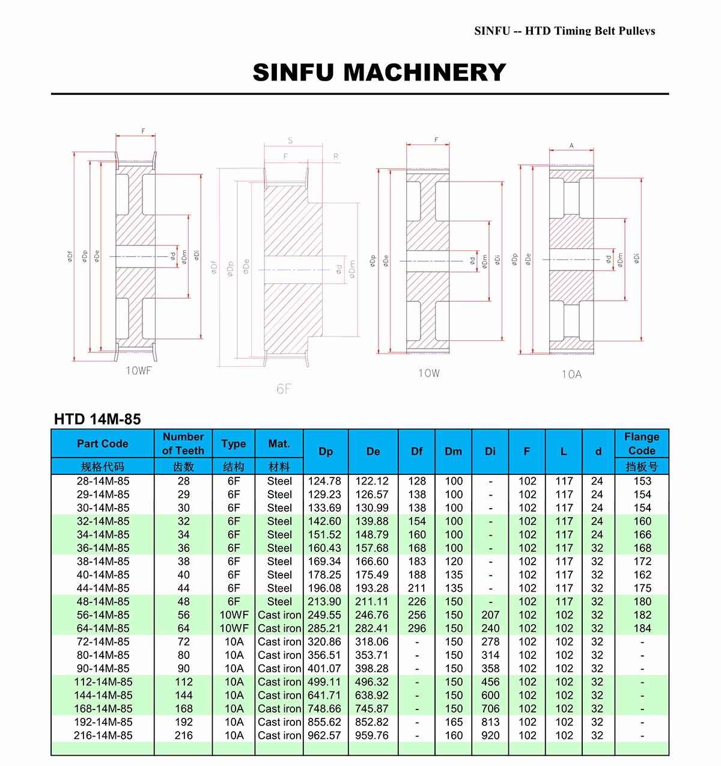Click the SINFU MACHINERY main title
pos(379,73)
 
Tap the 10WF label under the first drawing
pos(138,371)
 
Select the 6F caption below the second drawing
pos(284,389)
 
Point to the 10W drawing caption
pos(429,373)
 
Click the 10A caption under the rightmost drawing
pos(571,375)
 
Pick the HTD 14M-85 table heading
pos(97,419)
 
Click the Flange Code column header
pos(642,444)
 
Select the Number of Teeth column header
pos(183,444)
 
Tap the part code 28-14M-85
pos(103,481)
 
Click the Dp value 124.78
pos(324,481)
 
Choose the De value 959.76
pos(372,735)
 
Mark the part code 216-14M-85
pos(103,735)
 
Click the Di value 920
pos(490,735)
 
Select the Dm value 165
pos(454,722)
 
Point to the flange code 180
pos(642,601)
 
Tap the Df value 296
pos(416,628)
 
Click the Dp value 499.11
pos(324,682)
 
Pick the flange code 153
pos(642,481)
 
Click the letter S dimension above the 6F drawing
pos(290,141)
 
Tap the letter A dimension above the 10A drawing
pos(571,146)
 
